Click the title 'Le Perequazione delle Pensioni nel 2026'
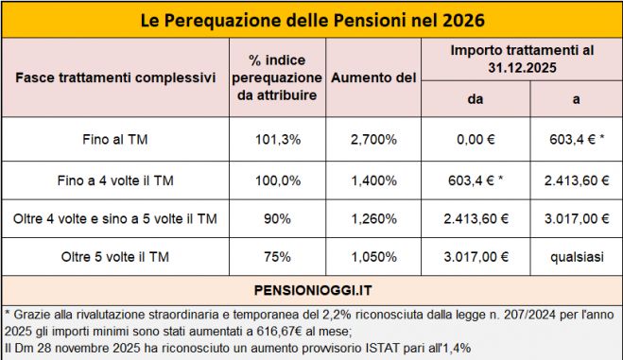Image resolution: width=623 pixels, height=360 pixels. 311,20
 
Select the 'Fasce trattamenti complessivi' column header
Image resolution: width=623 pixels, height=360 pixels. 115,76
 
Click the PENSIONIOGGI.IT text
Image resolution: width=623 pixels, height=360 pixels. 311,286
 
